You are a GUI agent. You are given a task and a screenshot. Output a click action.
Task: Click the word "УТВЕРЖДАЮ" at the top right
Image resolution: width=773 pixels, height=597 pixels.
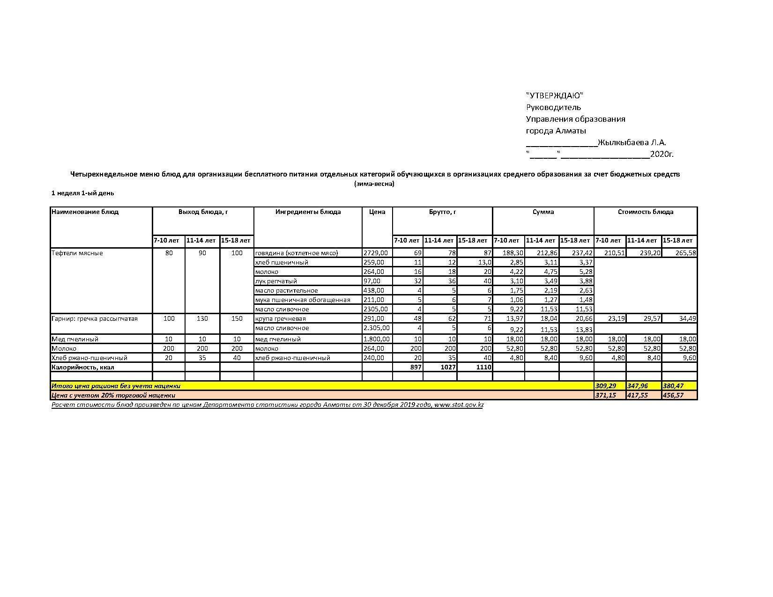(x=555, y=96)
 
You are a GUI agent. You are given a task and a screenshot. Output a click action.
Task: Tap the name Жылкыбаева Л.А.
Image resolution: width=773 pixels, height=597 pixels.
(x=632, y=142)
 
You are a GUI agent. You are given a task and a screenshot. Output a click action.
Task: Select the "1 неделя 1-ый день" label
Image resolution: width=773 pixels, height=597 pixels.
(x=82, y=193)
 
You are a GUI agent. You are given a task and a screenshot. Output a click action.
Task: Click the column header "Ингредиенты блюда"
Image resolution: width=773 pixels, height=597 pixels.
(x=308, y=212)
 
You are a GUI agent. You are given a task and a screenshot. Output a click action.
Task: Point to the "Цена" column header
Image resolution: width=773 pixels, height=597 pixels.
(x=377, y=212)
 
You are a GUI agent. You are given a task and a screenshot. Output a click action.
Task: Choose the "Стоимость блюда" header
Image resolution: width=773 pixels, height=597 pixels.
(x=645, y=212)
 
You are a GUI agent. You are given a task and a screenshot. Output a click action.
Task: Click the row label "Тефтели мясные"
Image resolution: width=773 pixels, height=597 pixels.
(x=77, y=253)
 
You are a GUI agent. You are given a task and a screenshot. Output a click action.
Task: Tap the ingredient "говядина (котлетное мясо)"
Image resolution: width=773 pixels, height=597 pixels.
(x=296, y=253)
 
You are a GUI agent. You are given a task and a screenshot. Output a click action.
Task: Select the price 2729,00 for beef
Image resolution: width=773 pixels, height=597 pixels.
(x=375, y=253)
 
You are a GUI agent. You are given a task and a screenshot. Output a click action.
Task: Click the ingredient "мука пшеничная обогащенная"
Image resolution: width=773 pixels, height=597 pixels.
(x=302, y=300)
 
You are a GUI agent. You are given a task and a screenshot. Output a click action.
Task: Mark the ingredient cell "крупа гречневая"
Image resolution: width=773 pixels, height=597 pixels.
(x=280, y=318)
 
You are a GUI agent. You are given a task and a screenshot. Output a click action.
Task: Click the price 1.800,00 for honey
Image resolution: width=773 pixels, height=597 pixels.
(x=376, y=339)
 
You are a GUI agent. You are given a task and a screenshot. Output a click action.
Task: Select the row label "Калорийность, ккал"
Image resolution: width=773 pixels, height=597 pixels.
(x=82, y=367)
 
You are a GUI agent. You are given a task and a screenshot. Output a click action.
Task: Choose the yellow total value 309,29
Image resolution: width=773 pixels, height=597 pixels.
(x=606, y=386)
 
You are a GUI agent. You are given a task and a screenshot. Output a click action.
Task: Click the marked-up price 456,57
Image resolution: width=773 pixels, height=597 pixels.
(x=673, y=395)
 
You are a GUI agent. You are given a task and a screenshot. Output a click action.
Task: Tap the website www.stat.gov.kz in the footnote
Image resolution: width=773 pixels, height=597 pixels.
(x=459, y=405)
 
